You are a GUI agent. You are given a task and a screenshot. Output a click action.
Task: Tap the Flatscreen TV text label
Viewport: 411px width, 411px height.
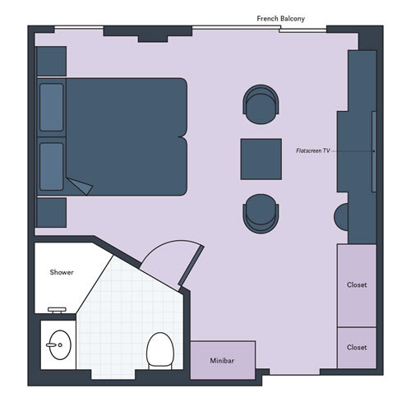(313, 151)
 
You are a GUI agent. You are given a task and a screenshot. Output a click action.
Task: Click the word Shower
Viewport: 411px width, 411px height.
(62, 272)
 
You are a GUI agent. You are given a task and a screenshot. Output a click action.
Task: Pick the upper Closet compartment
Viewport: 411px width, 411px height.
(357, 285)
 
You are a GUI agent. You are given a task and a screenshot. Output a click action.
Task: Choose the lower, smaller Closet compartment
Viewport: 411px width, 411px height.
(357, 348)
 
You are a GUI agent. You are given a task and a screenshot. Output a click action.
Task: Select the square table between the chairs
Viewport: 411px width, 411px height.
(261, 159)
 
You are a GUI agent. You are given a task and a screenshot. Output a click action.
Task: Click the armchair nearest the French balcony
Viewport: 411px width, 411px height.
(262, 104)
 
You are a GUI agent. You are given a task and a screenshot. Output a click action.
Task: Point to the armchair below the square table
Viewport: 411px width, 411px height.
(262, 213)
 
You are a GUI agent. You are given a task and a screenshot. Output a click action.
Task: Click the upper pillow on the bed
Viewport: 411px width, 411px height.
(52, 107)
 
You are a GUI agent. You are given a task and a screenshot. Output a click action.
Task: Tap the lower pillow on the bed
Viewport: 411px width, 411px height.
(52, 166)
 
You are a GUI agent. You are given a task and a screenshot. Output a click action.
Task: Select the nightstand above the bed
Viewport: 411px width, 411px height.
(51, 61)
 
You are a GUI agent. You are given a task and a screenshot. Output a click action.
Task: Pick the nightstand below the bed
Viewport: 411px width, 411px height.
(51, 212)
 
